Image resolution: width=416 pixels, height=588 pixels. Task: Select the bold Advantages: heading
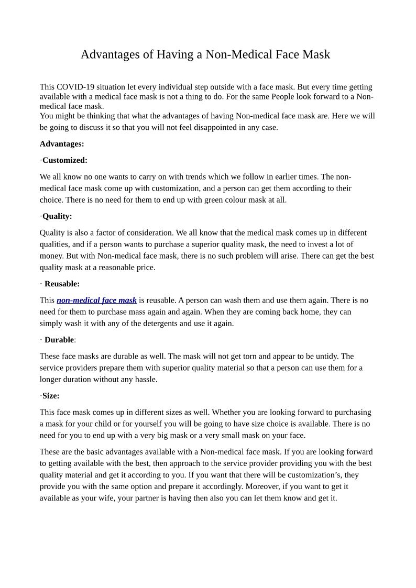(62, 144)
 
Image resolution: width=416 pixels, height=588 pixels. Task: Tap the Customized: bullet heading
(64, 160)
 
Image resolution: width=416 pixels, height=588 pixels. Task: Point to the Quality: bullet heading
(57, 216)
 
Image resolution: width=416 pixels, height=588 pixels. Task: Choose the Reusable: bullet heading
(62, 284)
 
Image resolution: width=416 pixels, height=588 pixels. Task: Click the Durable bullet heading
(59, 340)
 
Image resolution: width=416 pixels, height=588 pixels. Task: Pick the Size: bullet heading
(51, 396)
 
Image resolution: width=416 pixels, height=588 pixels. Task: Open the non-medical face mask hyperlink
(96, 301)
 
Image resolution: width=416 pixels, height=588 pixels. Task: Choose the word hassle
(145, 380)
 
